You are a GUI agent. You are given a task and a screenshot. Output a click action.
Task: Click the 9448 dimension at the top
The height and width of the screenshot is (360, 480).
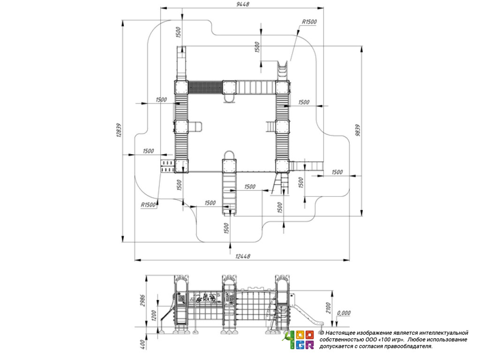(x=243, y=4)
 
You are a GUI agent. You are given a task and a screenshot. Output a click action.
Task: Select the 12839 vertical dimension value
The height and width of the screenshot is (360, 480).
(x=119, y=130)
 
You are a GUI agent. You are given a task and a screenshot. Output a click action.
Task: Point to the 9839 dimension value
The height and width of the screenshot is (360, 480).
(x=358, y=130)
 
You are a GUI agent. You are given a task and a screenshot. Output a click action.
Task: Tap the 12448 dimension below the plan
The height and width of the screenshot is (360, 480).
(x=243, y=256)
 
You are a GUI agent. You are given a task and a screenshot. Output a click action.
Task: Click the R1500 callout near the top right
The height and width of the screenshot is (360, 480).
(x=309, y=22)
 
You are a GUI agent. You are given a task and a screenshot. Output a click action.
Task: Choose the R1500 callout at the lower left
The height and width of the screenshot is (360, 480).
(x=149, y=205)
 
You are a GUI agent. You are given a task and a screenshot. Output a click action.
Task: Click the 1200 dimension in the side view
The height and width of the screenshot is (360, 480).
(x=154, y=315)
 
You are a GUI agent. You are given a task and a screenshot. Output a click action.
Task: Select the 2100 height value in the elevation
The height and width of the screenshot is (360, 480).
(x=328, y=307)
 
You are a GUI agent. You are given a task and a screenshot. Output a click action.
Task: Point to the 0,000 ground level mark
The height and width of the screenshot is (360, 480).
(x=344, y=313)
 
